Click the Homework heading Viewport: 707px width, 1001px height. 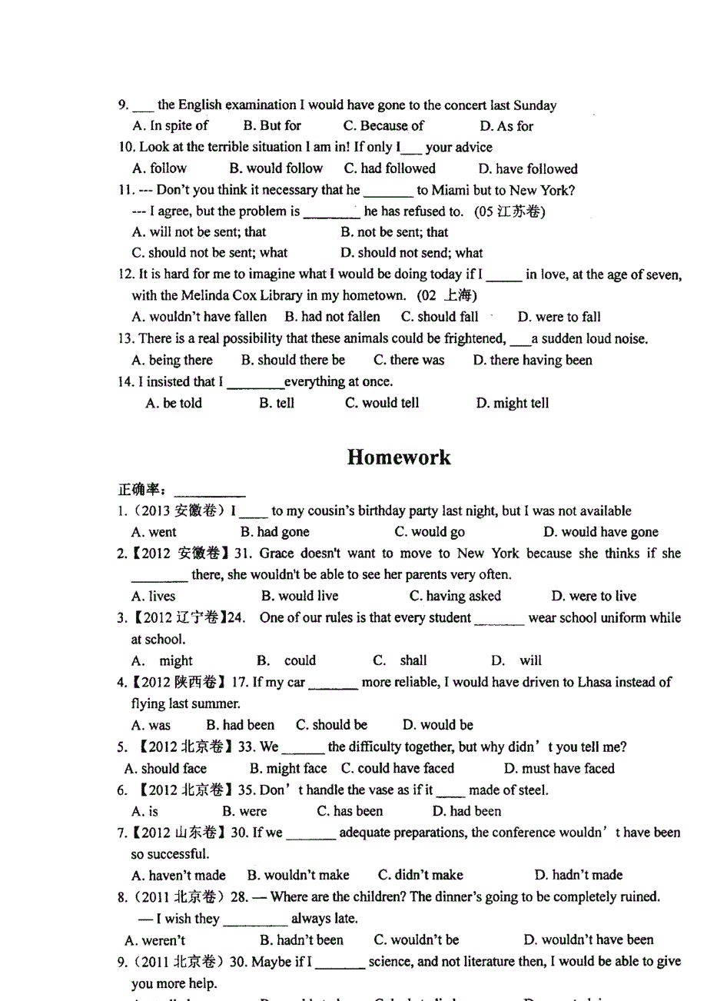(x=398, y=457)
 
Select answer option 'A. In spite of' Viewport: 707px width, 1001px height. (x=171, y=125)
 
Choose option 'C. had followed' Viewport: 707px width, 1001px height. (x=390, y=168)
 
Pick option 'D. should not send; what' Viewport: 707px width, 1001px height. (x=412, y=252)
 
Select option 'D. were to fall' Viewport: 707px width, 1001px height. (x=559, y=317)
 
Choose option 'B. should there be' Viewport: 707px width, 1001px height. (x=293, y=360)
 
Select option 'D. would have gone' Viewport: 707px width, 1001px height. (x=601, y=532)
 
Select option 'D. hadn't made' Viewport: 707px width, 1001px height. (x=578, y=875)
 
